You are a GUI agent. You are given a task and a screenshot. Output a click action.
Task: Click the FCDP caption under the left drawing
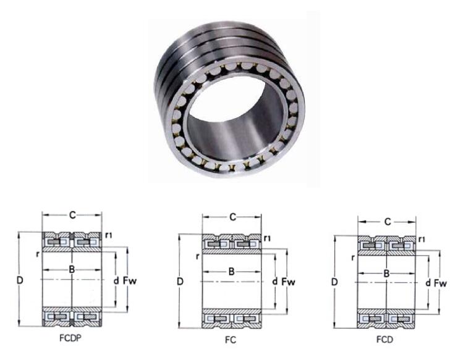pyautogui.click(x=70, y=338)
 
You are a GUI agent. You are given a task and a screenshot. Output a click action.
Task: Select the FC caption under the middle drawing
pyautogui.click(x=231, y=340)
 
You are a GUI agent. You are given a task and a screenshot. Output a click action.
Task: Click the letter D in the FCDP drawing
pyautogui.click(x=20, y=281)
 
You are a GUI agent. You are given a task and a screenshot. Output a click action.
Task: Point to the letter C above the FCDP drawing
pyautogui.click(x=72, y=215)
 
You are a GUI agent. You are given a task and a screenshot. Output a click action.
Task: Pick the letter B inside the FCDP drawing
pyautogui.click(x=72, y=270)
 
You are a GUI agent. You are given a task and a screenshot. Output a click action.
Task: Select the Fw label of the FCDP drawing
pyautogui.click(x=130, y=282)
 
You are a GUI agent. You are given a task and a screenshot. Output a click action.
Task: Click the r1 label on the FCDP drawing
pyautogui.click(x=109, y=236)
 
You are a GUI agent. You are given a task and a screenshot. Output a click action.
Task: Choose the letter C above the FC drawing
pyautogui.click(x=232, y=217)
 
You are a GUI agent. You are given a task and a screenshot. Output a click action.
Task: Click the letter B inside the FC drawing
pyautogui.click(x=231, y=272)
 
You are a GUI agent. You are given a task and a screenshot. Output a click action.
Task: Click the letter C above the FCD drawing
pyautogui.click(x=387, y=221)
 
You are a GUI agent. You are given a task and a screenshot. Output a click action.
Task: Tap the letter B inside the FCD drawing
pyautogui.click(x=386, y=274)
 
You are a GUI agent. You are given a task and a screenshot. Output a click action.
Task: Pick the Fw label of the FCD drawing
pyautogui.click(x=441, y=283)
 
